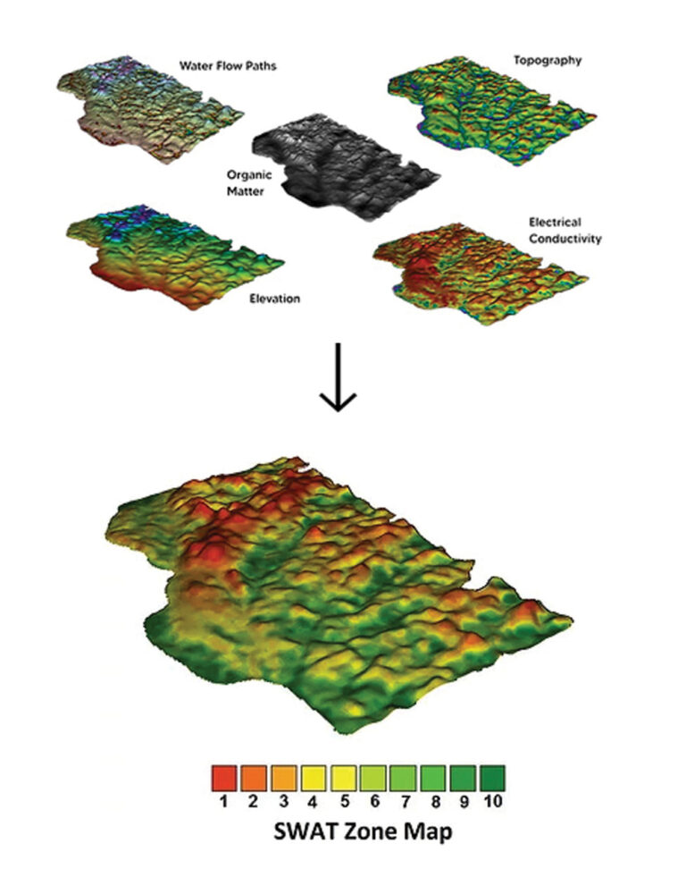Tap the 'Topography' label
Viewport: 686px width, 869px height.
[548, 61]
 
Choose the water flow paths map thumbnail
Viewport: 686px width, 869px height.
[143, 112]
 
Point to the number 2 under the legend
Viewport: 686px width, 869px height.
[254, 800]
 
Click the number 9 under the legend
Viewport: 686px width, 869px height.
[462, 800]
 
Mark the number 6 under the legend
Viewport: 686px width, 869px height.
[372, 800]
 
